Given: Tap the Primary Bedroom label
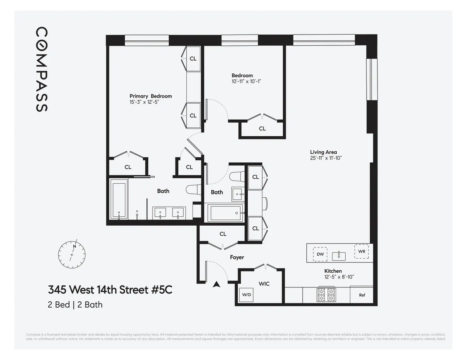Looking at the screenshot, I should click(x=151, y=96).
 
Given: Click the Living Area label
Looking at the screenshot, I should click(x=323, y=152).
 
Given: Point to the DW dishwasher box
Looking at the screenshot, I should click(x=320, y=254).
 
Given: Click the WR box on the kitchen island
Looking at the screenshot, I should click(x=362, y=251).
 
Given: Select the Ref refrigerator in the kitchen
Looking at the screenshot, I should click(x=362, y=295).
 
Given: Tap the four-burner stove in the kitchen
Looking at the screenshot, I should click(x=327, y=295).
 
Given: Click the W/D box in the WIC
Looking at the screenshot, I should click(x=247, y=295).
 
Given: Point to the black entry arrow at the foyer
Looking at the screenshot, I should click(x=217, y=284).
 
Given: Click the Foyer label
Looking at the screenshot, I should click(x=237, y=257).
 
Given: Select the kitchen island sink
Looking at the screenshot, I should click(x=341, y=255).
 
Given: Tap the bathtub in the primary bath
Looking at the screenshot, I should click(x=118, y=200).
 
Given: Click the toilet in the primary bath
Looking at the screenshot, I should click(x=192, y=190).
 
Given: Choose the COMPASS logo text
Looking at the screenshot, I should click(x=42, y=69).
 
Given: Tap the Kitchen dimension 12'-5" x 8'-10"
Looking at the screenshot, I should click(x=334, y=277).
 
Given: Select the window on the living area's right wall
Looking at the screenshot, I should click(x=372, y=79).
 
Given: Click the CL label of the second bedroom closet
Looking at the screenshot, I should click(x=263, y=129).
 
